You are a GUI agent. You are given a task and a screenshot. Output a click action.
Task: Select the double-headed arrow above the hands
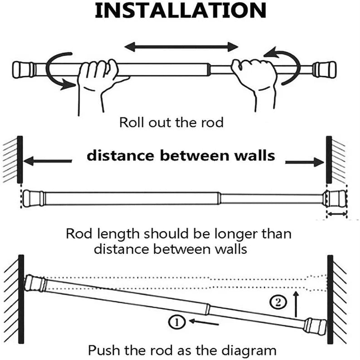181,46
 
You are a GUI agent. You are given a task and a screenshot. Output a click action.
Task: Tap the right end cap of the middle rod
334,198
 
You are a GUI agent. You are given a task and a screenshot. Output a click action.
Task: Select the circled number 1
175,322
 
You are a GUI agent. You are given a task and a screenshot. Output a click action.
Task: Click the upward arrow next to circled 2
296,304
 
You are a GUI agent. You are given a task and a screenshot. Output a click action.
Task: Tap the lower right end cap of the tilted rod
315,326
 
